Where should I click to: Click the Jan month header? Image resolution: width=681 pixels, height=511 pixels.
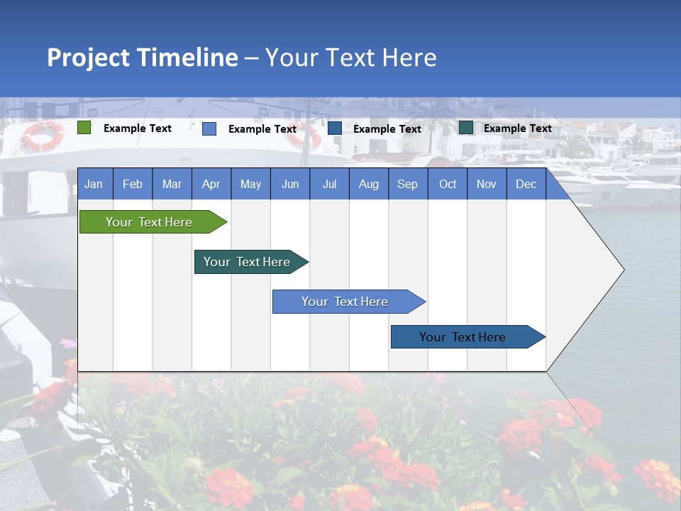(94, 184)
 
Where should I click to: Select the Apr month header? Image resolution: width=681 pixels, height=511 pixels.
(211, 184)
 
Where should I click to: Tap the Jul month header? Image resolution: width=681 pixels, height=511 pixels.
(329, 184)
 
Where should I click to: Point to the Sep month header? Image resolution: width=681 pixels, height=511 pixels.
(407, 184)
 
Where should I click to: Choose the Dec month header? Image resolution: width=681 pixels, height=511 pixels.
(526, 184)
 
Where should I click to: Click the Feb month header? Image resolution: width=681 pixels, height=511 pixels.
(133, 184)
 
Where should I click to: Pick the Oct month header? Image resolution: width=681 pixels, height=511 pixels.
(448, 184)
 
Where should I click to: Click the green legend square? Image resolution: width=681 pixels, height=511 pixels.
(84, 128)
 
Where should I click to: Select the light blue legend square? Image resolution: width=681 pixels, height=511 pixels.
(209, 128)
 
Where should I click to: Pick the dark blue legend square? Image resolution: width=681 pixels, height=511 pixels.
(335, 128)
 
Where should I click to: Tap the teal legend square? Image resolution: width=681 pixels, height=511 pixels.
(466, 128)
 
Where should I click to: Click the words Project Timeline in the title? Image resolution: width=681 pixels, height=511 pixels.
(142, 57)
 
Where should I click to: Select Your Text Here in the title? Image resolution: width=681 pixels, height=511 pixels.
(350, 57)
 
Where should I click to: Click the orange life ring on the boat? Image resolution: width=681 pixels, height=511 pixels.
(43, 136)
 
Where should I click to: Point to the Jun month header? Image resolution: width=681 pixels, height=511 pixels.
(290, 184)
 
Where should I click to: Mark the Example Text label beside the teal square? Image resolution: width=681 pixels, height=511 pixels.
(517, 128)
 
